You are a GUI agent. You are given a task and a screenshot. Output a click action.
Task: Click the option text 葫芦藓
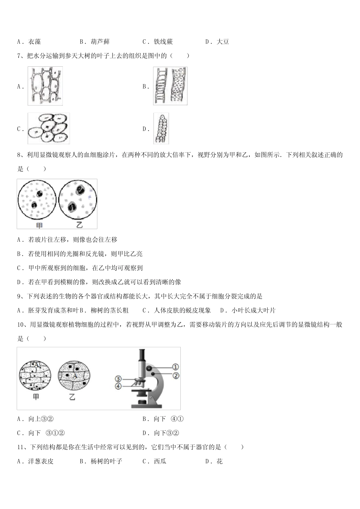(100, 42)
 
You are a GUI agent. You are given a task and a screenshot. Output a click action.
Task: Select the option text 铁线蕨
(163, 42)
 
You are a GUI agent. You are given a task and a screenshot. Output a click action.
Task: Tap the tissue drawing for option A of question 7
(45, 86)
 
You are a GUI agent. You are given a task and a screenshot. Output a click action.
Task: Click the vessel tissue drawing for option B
(170, 86)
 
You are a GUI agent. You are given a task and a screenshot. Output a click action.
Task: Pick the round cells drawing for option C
(49, 129)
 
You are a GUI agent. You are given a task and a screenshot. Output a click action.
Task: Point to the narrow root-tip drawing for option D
(161, 129)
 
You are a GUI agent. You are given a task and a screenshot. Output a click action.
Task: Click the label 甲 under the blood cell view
(38, 225)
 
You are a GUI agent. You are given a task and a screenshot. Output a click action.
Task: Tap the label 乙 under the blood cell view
(79, 225)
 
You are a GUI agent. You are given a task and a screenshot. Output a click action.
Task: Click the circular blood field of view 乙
(78, 201)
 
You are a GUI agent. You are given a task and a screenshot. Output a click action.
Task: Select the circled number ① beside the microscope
(175, 367)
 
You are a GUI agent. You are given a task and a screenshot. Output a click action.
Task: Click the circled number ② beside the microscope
(175, 376)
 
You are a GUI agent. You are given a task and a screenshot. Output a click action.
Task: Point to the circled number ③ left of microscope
(118, 379)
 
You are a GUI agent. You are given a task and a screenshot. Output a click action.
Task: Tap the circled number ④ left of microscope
(118, 386)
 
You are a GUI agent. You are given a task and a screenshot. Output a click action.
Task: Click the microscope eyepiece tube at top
(142, 356)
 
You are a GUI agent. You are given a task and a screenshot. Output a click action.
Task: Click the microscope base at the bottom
(146, 406)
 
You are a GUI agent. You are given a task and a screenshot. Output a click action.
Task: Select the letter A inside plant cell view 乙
(75, 376)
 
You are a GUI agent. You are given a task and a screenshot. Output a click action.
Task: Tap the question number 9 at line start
(20, 296)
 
